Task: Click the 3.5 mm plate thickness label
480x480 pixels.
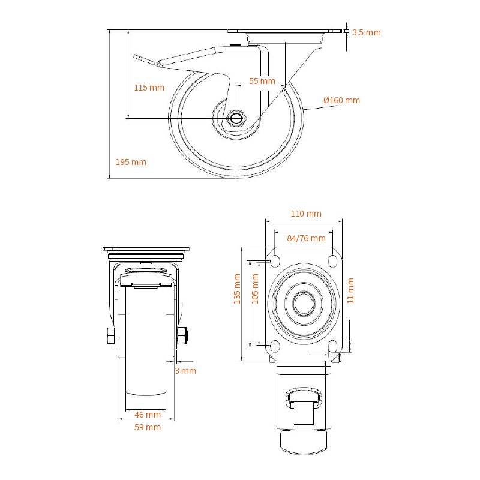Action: [x=367, y=32]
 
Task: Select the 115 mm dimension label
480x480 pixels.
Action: [x=149, y=88]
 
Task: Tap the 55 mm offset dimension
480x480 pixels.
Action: [x=262, y=81]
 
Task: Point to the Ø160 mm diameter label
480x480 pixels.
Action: [x=341, y=100]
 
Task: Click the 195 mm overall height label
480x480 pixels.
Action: [x=131, y=162]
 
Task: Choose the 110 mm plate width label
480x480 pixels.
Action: [x=306, y=214]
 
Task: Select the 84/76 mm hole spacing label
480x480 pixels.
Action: [x=306, y=238]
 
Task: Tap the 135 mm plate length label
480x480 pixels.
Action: [x=237, y=289]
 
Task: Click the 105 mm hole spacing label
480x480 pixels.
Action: [x=256, y=289]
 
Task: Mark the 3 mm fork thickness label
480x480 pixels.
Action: [x=185, y=371]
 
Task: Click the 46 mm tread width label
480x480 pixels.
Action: [x=147, y=415]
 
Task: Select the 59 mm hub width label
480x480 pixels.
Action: [x=147, y=427]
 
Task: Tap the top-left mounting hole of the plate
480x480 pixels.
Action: [x=275, y=262]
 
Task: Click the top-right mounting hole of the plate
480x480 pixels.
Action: [x=332, y=262]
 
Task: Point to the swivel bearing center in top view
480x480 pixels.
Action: [x=304, y=304]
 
